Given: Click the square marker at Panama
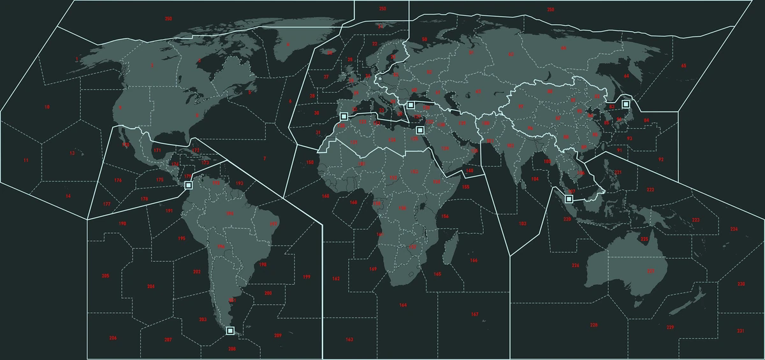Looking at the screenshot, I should point(188,185).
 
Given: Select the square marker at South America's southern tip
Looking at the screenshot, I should point(230,331).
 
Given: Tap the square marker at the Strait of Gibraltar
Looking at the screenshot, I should point(344,117).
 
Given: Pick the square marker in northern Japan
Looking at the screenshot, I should point(626,104).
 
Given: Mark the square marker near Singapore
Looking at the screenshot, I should point(569,199).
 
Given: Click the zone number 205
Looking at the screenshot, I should point(105,276).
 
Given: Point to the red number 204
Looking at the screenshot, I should point(150,287).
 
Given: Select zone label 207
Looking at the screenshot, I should point(168,340).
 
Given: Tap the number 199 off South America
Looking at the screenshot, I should point(306,277).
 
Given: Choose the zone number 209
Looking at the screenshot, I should point(278,336).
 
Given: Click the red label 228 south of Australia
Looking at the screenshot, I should point(594,326).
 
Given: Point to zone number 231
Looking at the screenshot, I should point(740,331).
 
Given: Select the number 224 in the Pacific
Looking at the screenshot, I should point(734,229).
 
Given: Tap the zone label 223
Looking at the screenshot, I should point(696,220).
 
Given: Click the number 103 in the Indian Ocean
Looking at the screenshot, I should point(523,224).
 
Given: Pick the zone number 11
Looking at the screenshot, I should point(26,161).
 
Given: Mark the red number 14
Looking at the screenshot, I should point(68,196).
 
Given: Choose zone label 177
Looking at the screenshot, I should point(106,204).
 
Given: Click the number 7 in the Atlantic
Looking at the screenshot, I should point(265,158).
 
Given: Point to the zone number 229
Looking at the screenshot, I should point(670,328).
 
